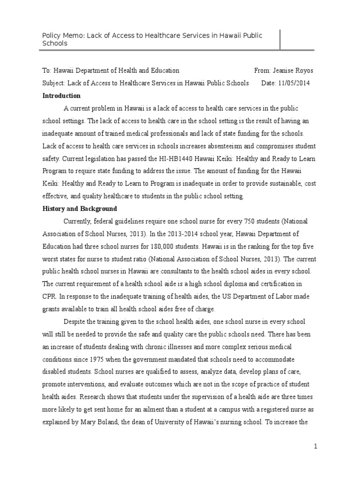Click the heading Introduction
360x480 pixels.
point(61,96)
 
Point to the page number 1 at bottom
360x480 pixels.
point(316,447)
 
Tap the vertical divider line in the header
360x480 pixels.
point(280,39)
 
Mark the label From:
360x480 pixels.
point(262,71)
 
